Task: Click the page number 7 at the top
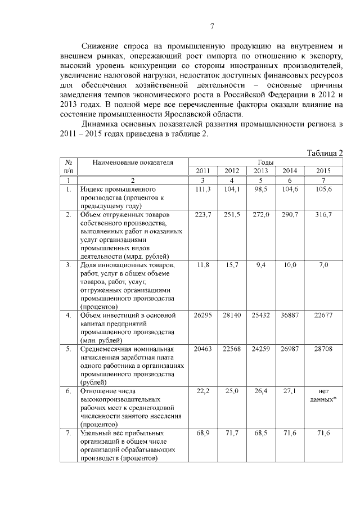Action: [212, 26]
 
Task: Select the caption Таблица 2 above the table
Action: [325, 153]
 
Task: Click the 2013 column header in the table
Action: [260, 171]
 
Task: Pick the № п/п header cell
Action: [68, 166]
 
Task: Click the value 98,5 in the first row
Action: [260, 190]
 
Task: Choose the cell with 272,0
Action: [260, 215]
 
